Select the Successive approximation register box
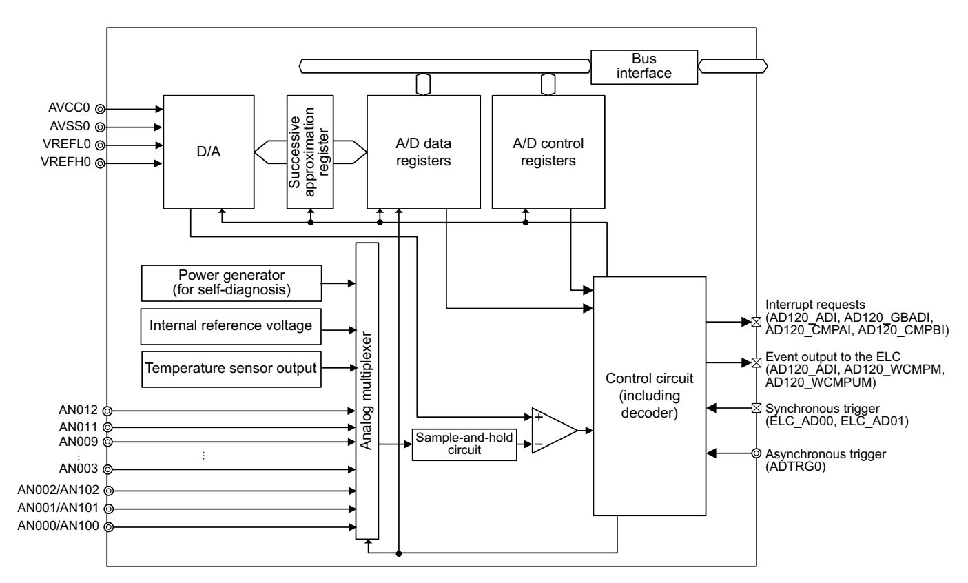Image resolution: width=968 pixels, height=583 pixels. coord(310,151)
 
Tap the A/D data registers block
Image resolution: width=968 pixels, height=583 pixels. coord(422,151)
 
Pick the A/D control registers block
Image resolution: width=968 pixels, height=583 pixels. coord(548,151)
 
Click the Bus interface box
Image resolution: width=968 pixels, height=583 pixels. coord(643,66)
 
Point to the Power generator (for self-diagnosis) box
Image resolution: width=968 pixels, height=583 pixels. coord(231,283)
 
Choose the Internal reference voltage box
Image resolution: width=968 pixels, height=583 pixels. coord(231,325)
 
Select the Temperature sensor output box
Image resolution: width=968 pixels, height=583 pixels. coord(231,368)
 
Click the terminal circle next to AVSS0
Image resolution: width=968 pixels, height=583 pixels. coord(100,127)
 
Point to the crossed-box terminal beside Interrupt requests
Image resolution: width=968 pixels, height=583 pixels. coord(756,322)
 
